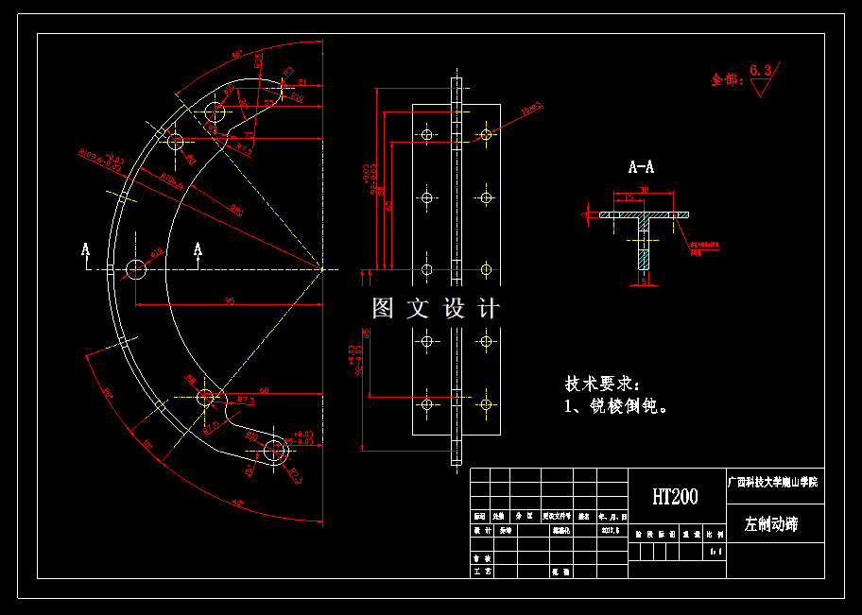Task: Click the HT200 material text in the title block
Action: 675,497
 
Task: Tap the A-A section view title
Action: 641,167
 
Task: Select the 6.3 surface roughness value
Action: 761,70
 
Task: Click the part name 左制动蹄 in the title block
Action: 771,524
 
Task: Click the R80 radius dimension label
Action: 236,212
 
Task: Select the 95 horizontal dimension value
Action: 229,300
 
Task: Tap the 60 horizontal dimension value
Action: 264,389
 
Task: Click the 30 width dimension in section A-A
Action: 644,190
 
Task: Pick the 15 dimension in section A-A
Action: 628,198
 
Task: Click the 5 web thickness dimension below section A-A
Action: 643,281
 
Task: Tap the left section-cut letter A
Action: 85,250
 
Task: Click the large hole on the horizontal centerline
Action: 136,268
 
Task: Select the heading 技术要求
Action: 602,384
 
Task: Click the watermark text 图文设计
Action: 436,308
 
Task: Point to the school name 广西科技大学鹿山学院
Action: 773,482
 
